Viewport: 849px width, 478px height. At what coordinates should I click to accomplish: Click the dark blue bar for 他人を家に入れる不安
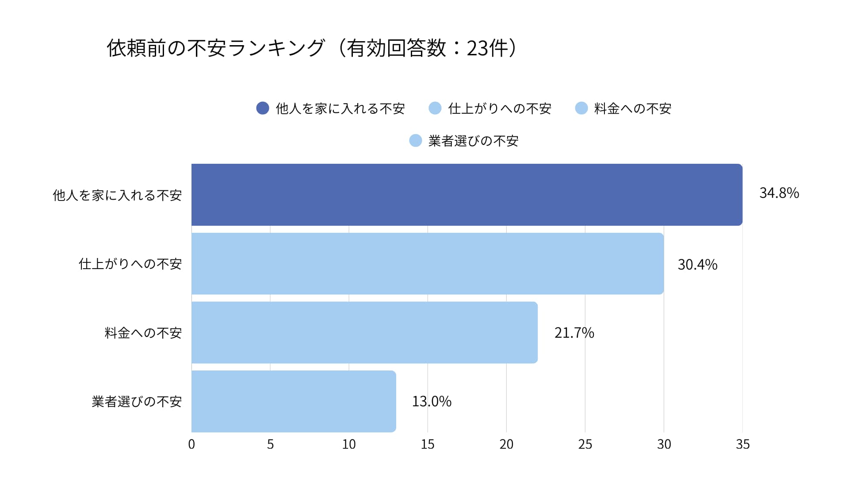(467, 195)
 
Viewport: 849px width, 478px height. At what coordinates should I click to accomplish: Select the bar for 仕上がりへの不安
(427, 264)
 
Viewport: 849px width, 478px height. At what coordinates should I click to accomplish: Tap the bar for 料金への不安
(364, 332)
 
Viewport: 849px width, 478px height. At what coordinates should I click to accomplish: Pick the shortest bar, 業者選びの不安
(294, 401)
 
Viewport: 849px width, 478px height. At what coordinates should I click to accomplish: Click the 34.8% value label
(779, 193)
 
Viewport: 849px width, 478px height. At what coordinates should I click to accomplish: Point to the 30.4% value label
(697, 265)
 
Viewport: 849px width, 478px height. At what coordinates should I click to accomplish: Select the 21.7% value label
(574, 333)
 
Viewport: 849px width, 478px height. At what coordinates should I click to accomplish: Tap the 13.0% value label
(432, 401)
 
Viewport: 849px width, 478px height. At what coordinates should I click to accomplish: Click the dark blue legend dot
(263, 108)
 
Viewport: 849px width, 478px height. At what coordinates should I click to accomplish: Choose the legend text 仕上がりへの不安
(500, 108)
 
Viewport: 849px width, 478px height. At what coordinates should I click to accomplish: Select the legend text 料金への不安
(633, 108)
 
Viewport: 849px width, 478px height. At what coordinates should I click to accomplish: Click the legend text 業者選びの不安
(473, 141)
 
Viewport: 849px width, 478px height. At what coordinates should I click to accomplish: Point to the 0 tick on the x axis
(191, 444)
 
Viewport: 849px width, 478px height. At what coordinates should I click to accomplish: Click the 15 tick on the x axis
(428, 444)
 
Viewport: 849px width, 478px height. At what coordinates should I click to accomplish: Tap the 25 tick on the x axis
(585, 444)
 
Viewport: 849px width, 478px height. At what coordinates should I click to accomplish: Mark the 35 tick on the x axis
(742, 444)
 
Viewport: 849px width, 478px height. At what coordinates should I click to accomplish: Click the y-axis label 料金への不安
(143, 333)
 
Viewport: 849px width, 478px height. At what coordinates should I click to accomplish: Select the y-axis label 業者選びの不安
(137, 401)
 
